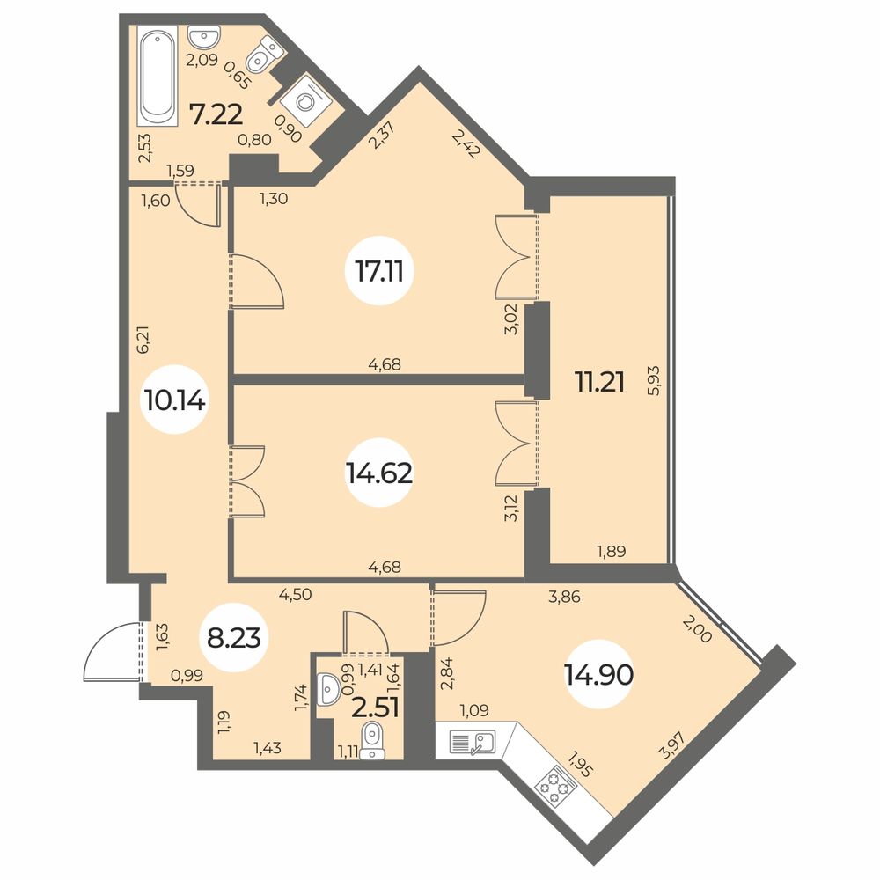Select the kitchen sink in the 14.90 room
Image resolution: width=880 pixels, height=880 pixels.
point(472,742)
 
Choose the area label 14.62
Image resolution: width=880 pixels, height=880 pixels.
point(379,474)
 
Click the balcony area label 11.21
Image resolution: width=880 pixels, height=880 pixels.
point(599,383)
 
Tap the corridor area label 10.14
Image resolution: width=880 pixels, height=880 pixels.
point(175,400)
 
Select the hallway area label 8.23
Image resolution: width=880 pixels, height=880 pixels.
point(234,638)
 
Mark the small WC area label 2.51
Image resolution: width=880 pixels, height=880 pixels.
point(375,708)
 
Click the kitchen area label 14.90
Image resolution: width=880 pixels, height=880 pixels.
point(600,675)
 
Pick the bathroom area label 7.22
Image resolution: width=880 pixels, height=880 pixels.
point(216,115)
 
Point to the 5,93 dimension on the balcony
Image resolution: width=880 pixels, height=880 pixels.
point(653,381)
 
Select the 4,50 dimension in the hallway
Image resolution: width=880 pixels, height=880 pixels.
point(295,594)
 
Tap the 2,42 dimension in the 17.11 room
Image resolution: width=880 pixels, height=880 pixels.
point(466,144)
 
